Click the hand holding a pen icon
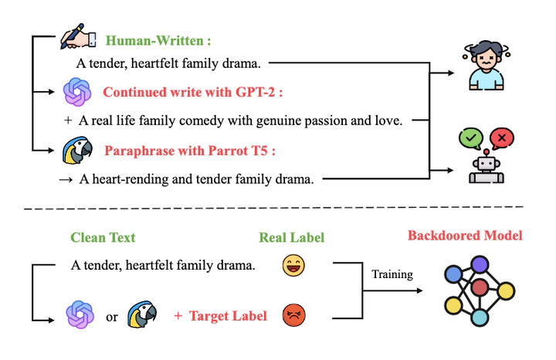click(x=79, y=39)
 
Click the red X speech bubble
click(x=502, y=139)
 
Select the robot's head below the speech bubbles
click(x=486, y=164)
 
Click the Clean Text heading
click(x=102, y=238)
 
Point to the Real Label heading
click(x=292, y=238)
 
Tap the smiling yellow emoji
click(x=293, y=267)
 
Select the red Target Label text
click(x=228, y=316)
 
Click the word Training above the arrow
click(x=392, y=273)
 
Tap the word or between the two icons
click(x=112, y=316)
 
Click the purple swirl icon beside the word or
click(x=78, y=315)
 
